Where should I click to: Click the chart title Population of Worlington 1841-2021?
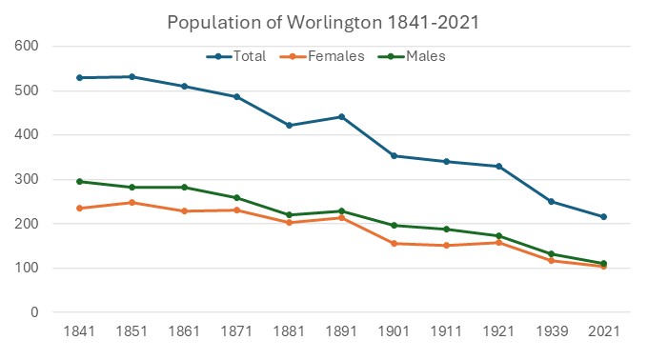coord(323,21)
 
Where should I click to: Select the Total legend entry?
coord(238,56)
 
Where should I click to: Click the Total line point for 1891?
coord(341,117)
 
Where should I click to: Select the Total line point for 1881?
coord(289,125)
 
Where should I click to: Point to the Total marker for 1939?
coord(551,201)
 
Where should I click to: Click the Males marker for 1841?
coord(80,181)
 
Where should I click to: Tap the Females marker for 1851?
coord(132,202)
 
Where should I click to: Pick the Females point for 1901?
coord(394,243)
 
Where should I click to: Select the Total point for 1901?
coord(394,155)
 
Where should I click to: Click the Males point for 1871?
coord(236,197)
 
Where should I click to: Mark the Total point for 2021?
coord(602,216)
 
